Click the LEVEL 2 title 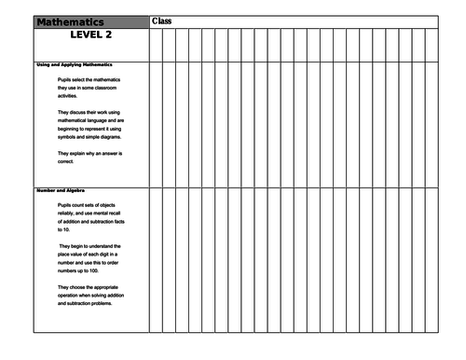(x=91, y=35)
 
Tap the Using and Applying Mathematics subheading (x=74, y=64)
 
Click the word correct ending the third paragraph (x=71, y=161)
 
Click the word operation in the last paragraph (x=74, y=296)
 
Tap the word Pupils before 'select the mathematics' (x=65, y=80)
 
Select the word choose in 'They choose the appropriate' (x=85, y=286)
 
